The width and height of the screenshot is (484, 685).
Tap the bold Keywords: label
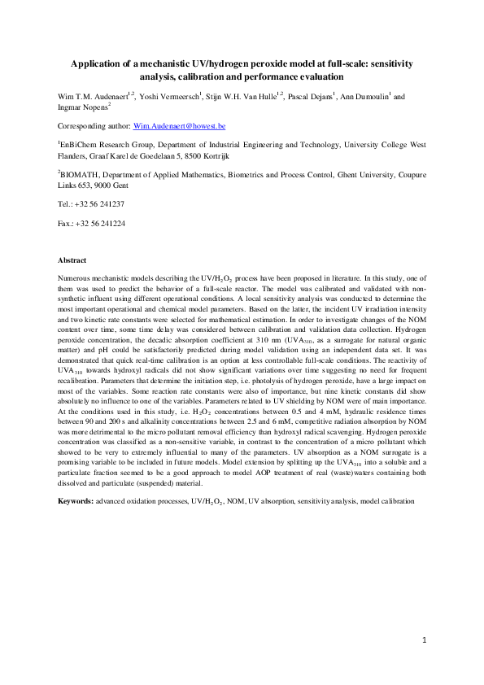point(76,501)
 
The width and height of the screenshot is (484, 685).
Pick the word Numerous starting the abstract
point(74,277)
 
